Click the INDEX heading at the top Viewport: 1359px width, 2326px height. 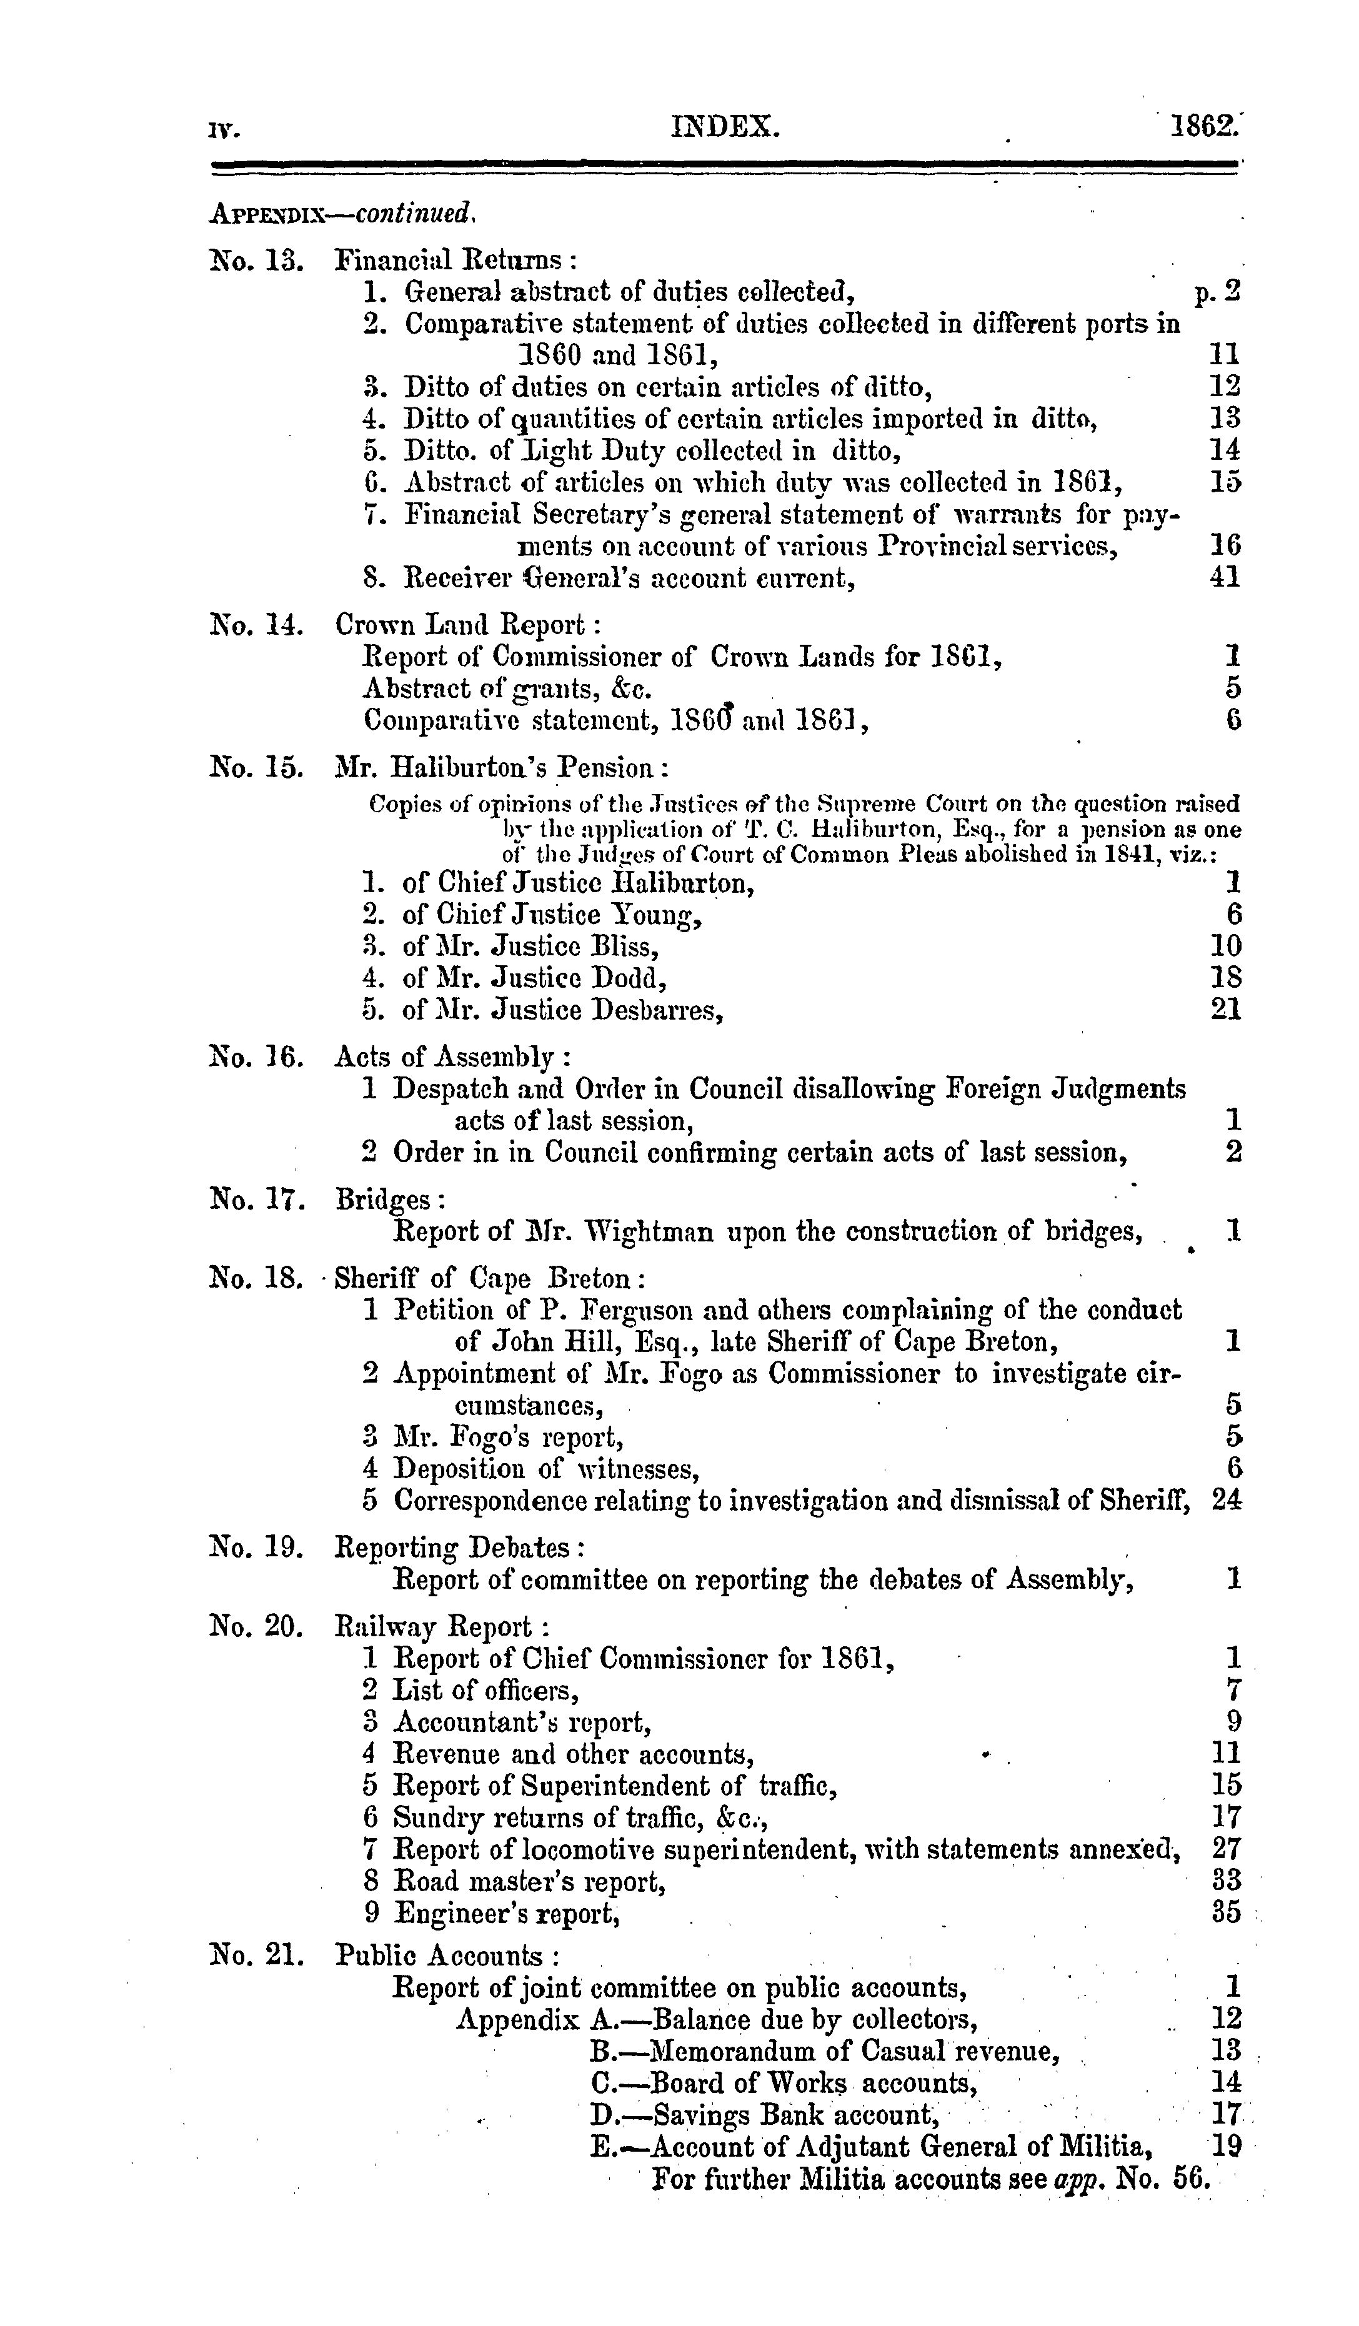click(725, 126)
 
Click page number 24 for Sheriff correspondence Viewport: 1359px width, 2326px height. click(1226, 1500)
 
